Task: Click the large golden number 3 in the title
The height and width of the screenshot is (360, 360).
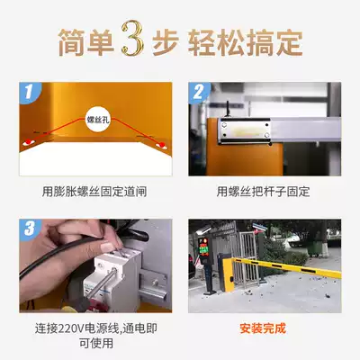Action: coord(132,38)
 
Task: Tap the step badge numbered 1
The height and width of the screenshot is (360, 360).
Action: coord(29,92)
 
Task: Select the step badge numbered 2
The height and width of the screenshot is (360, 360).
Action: coord(198,92)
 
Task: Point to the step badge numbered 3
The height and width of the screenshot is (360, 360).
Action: coord(29,229)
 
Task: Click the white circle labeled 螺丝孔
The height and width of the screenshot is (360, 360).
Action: coord(98,121)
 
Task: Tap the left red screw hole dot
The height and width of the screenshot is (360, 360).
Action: coord(28,141)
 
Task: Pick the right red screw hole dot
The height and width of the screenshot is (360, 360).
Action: coord(162,145)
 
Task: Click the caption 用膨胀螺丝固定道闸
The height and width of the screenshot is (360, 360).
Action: coord(94,192)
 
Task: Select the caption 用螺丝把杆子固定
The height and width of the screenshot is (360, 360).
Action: coord(263,192)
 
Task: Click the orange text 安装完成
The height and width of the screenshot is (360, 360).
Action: coord(263,328)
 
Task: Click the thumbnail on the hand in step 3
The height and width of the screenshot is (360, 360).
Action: coord(107,247)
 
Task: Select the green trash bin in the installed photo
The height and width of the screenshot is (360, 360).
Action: coord(314,248)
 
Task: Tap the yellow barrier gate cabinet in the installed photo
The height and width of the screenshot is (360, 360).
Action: coord(227,274)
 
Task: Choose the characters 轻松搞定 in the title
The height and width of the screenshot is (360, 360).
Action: coord(245,42)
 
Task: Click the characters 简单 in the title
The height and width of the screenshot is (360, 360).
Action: coord(86,42)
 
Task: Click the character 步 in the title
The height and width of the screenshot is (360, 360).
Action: coord(166,42)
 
